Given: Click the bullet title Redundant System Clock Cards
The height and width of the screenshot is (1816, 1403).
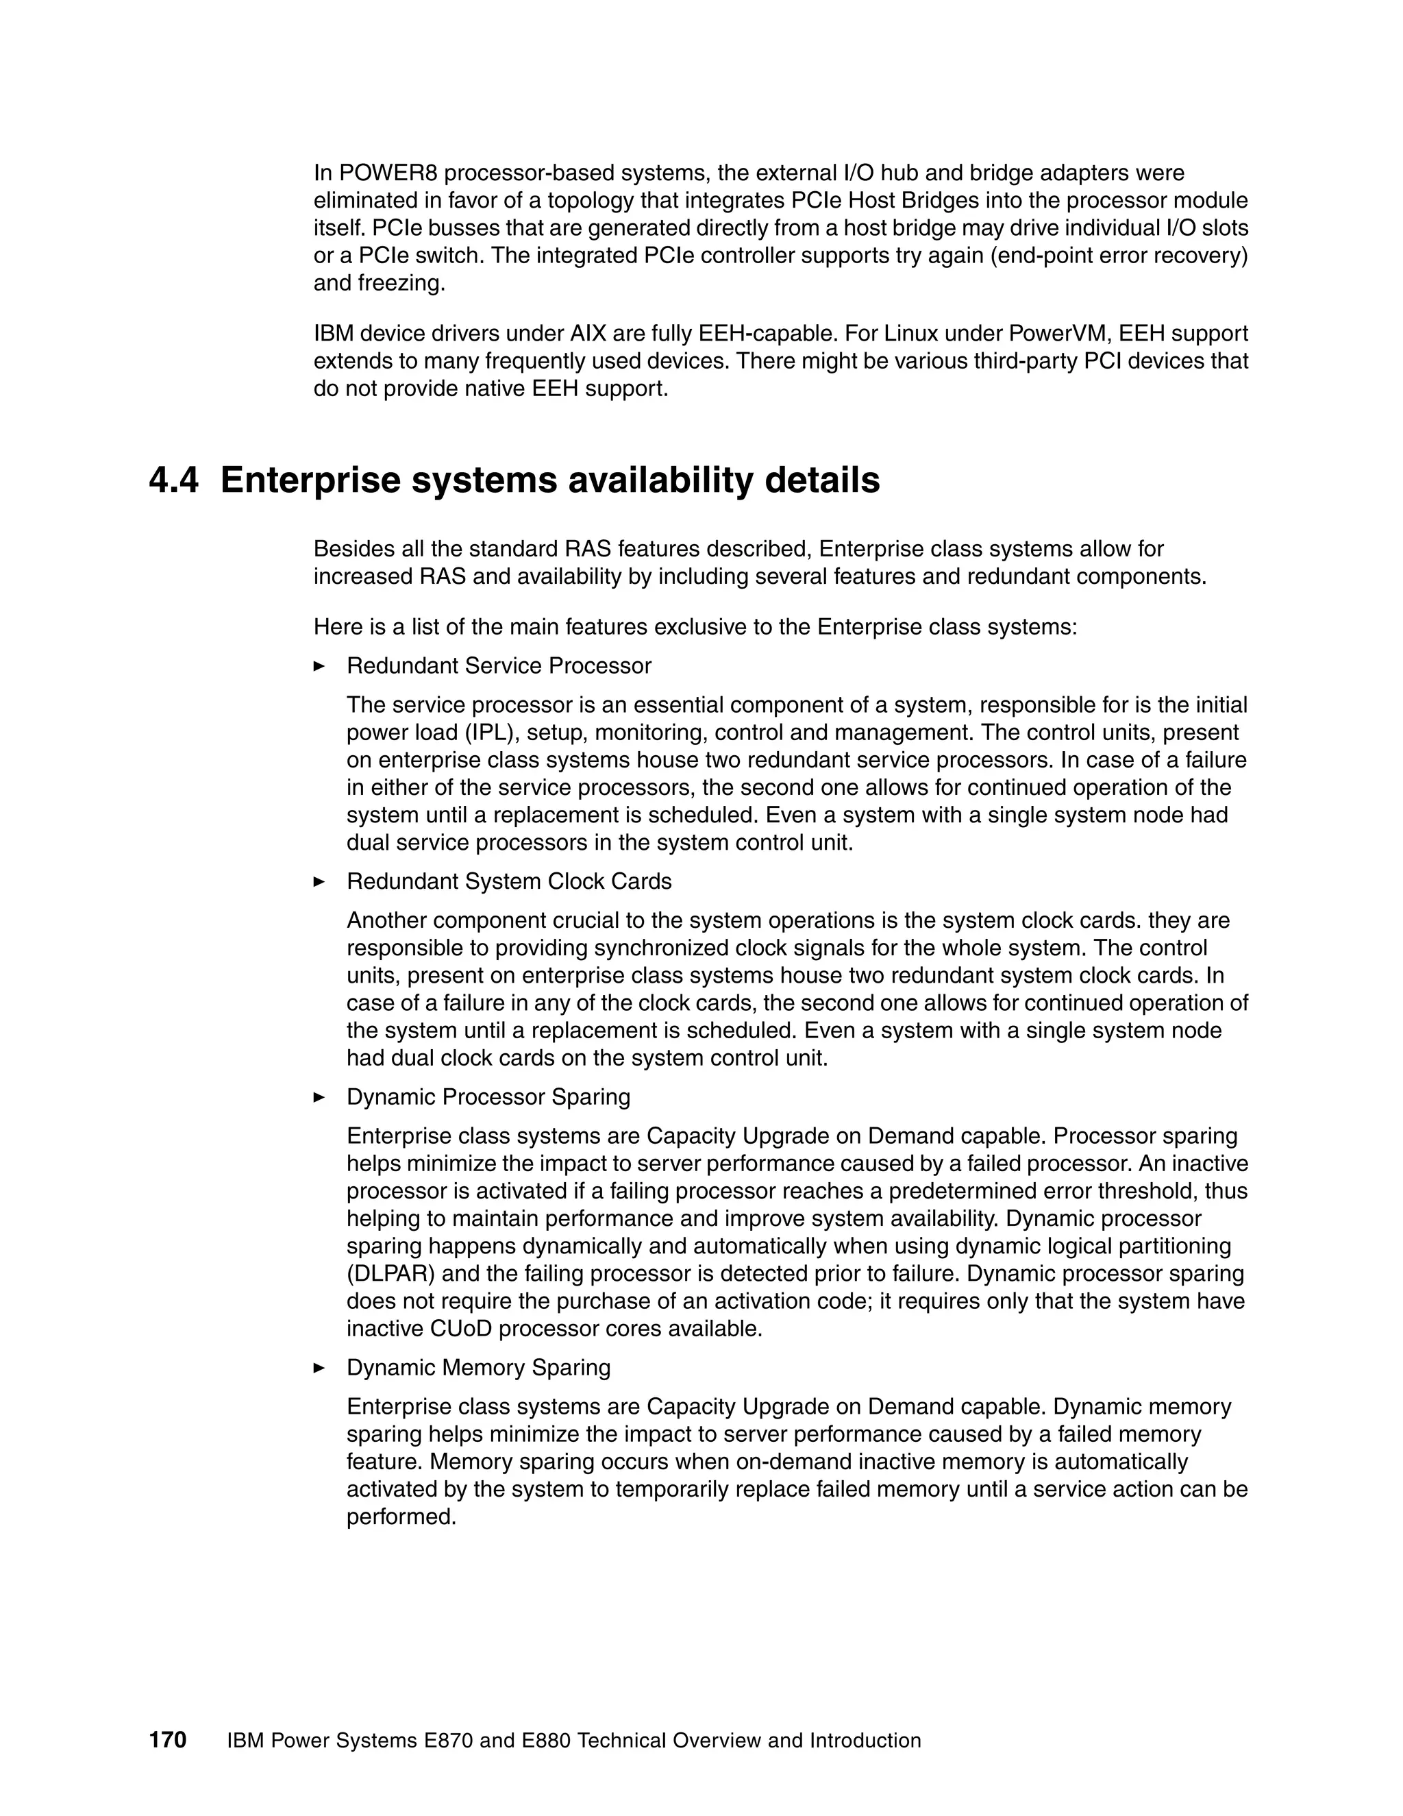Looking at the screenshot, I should point(509,881).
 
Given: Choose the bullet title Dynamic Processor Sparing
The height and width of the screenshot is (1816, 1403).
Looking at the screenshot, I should point(488,1096).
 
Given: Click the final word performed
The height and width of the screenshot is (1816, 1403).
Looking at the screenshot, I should point(401,1517).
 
